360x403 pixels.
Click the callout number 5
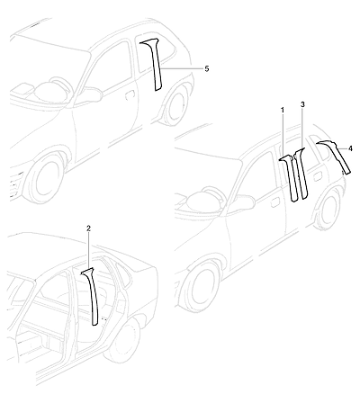coord(207,68)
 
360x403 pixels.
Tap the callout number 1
coord(283,111)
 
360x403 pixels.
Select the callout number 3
coord(302,104)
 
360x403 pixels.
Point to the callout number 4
coord(350,148)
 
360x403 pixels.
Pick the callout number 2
coord(88,228)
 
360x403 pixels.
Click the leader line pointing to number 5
coord(182,68)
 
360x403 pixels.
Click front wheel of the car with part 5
coord(45,177)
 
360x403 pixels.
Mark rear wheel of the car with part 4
coord(330,209)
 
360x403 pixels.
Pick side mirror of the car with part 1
coord(241,205)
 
